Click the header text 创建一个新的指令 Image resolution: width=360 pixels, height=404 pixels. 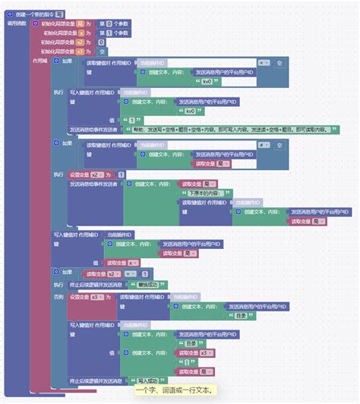click(x=33, y=14)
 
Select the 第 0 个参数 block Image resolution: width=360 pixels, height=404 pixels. click(x=113, y=24)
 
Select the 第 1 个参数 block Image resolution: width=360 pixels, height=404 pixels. click(x=113, y=33)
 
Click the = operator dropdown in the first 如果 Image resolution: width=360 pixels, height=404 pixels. click(x=263, y=63)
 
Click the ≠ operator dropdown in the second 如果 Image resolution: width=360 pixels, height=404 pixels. click(x=263, y=144)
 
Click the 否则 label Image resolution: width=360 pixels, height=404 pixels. click(x=58, y=297)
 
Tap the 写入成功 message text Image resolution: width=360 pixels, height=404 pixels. click(x=149, y=381)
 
